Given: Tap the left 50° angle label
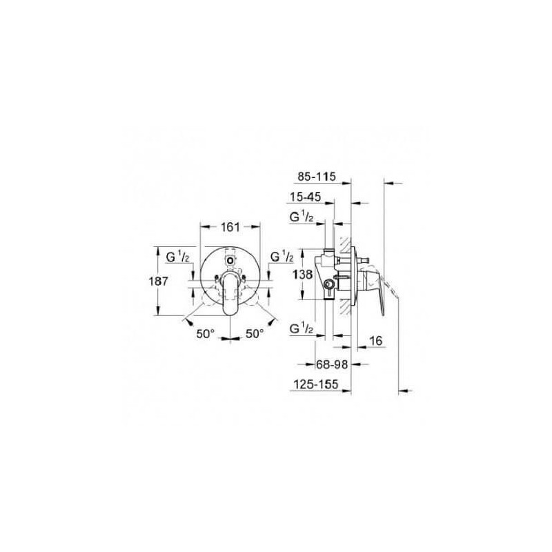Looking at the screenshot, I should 206,333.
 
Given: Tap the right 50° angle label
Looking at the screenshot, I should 255,333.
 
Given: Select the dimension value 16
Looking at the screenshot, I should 375,340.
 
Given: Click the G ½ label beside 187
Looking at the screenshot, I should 178,257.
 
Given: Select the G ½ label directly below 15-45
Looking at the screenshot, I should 302,218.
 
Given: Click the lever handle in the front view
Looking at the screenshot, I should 230,293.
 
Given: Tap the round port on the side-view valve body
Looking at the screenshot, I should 330,284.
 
